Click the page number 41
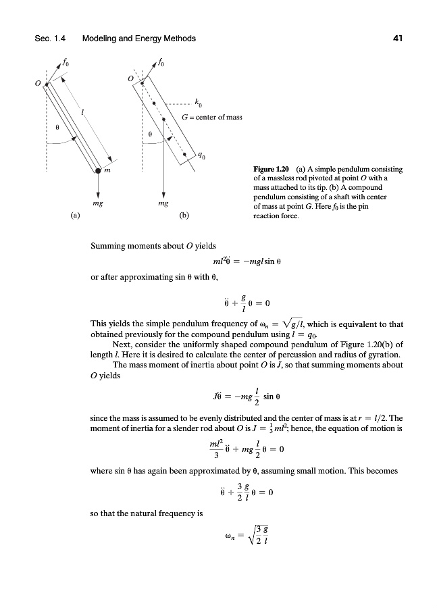(397, 39)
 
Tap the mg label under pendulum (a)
(98, 202)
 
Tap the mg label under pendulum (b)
(163, 202)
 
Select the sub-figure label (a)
(74, 216)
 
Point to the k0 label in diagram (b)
(197, 103)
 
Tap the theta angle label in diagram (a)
(57, 126)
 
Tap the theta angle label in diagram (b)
(151, 134)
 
